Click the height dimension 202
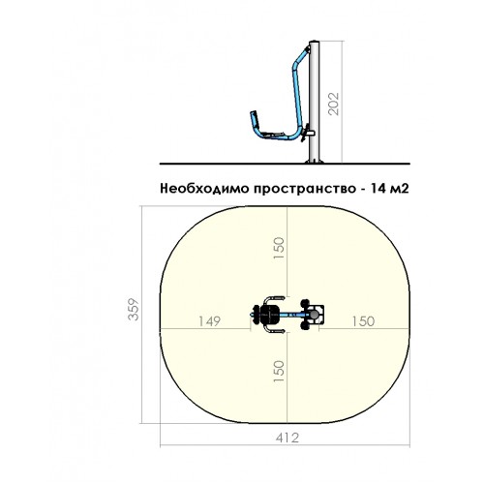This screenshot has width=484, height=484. (x=334, y=104)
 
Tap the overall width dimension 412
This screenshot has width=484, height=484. (x=287, y=438)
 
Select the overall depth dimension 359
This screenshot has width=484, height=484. (x=134, y=310)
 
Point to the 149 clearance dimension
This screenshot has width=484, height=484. (x=210, y=321)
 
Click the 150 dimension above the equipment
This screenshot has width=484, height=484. (x=279, y=248)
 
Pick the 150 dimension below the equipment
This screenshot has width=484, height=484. (x=279, y=372)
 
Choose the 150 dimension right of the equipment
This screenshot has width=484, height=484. (x=363, y=321)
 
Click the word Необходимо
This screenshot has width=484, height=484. (x=205, y=188)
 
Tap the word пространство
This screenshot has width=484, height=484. (x=304, y=189)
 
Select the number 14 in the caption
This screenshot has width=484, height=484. (x=378, y=188)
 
